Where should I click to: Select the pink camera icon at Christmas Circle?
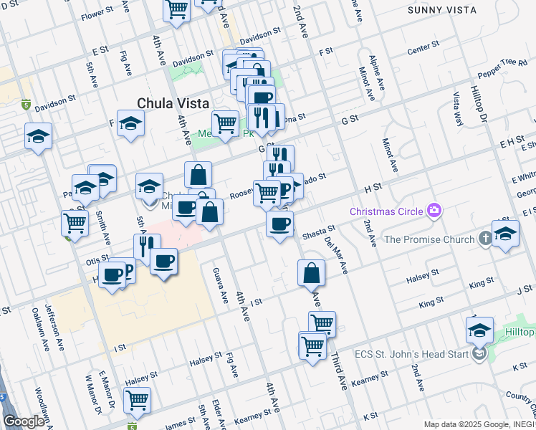pos(434,211)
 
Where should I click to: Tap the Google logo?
pos(24,421)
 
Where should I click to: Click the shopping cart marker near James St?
pos(137,401)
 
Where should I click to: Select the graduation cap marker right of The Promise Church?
pos(505,235)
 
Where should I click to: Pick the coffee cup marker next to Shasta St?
pos(280,224)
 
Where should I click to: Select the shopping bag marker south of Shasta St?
pos(312,273)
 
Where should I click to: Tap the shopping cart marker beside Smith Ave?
pos(75,223)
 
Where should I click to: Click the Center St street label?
pos(423,48)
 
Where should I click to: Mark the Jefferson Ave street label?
pos(54,322)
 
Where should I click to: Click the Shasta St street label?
pos(319,231)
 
